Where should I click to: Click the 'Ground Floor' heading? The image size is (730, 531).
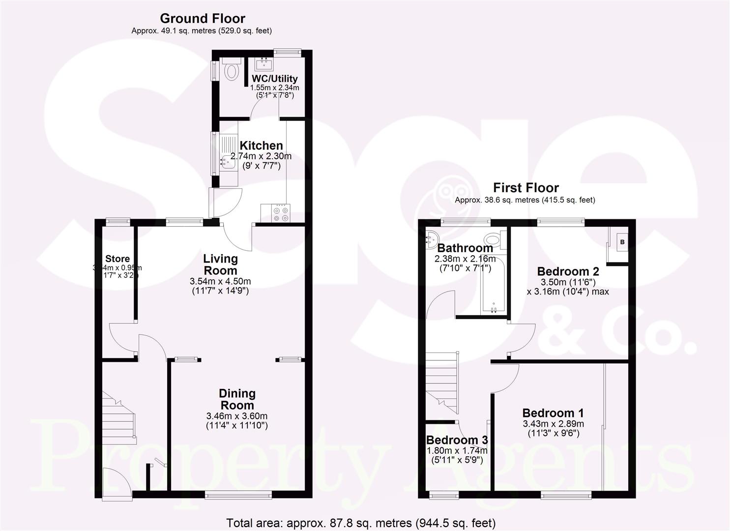202,19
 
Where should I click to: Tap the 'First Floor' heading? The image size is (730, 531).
526,188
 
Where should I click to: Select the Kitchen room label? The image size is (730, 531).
261,146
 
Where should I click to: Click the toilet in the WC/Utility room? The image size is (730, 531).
230,70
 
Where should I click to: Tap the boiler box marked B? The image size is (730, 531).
621,242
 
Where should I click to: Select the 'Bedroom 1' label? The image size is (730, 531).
553,413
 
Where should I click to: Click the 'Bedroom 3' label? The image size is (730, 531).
457,440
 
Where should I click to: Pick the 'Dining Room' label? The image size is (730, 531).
237,399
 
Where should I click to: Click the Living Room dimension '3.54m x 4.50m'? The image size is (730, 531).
220,281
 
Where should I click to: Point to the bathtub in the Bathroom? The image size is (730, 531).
493,285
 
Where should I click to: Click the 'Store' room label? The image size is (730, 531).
117,259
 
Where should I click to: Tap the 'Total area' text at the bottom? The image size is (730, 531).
360,523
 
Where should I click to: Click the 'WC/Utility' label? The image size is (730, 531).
274,79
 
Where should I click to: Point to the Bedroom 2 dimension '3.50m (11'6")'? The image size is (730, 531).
568,282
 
